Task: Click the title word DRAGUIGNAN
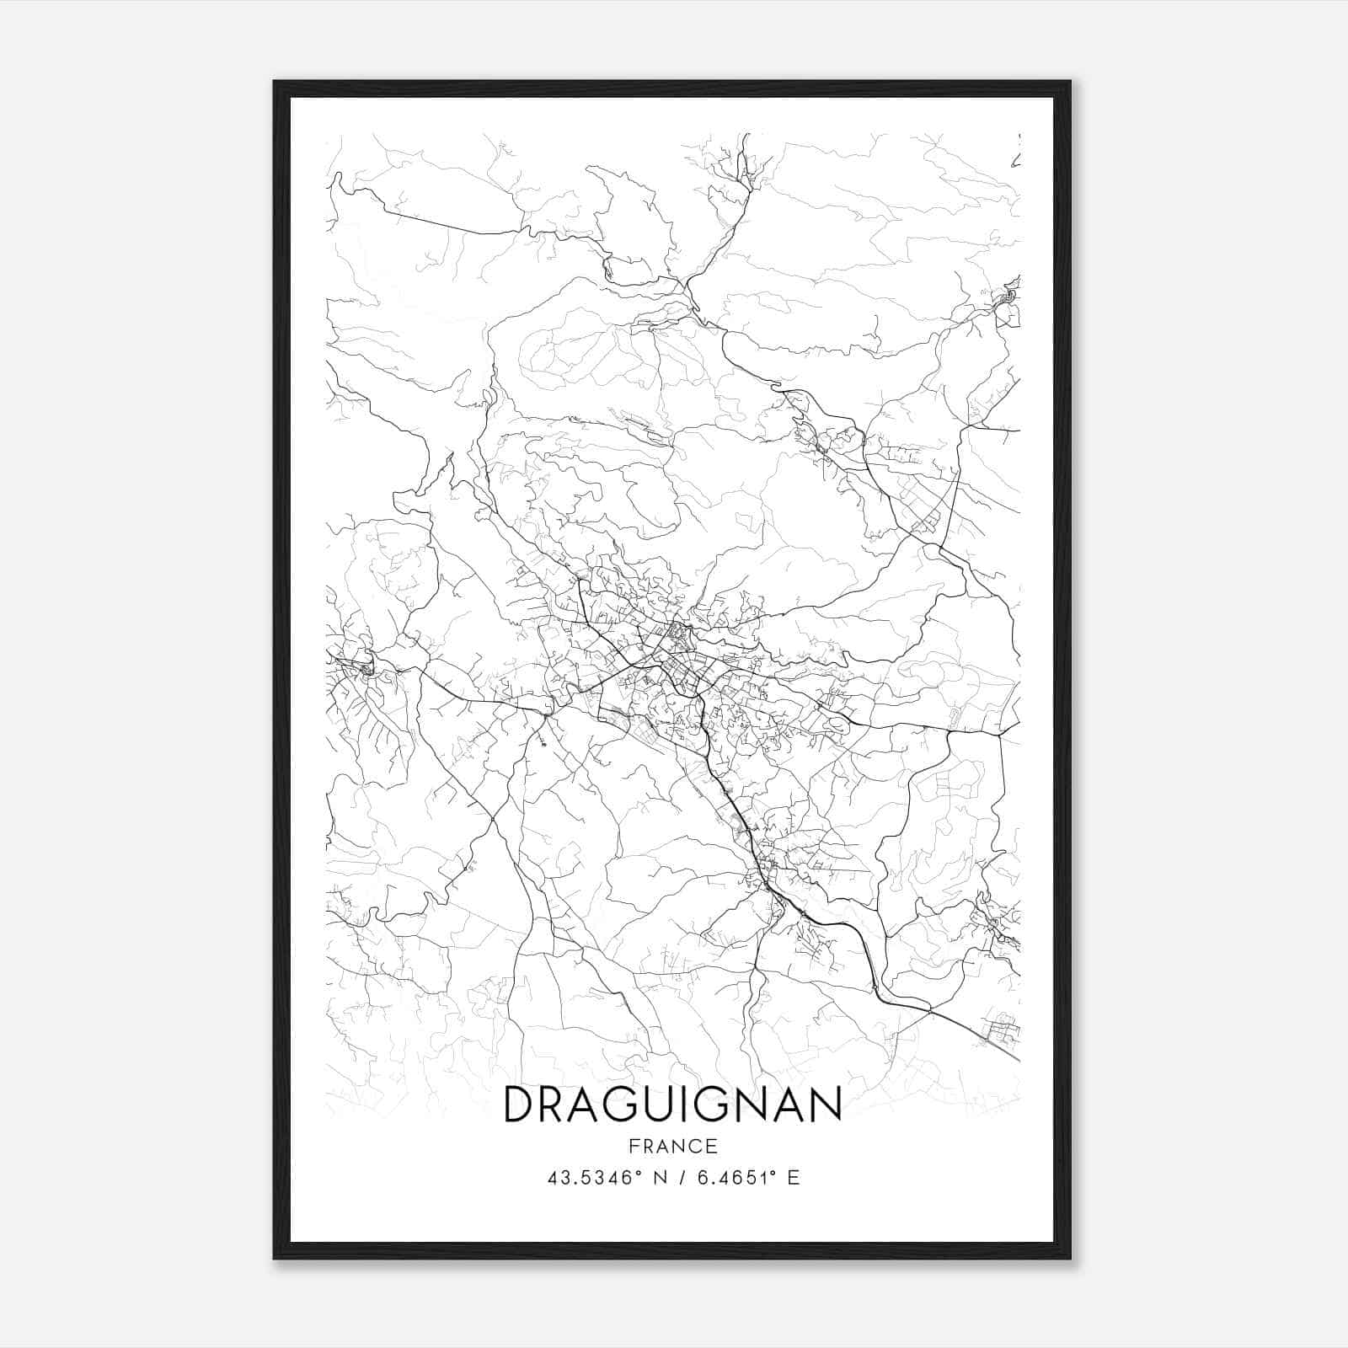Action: [672, 1105]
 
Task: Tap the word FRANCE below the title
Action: [672, 1146]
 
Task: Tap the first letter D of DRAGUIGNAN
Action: [519, 1105]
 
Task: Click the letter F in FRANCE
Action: [633, 1146]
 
